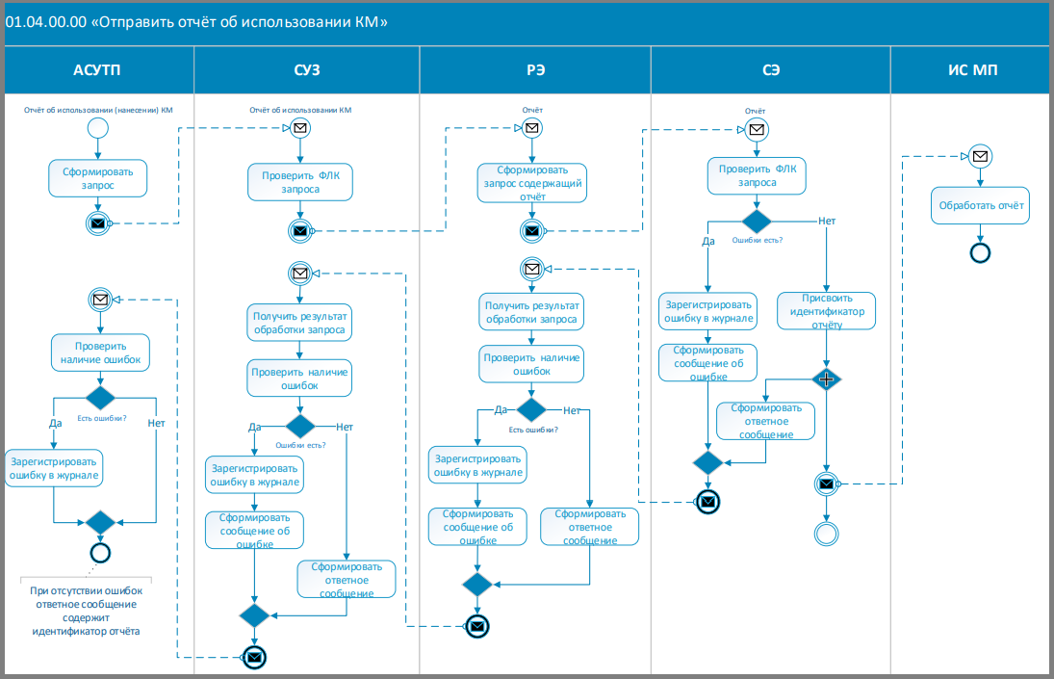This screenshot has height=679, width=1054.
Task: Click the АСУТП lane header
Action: pyautogui.click(x=97, y=70)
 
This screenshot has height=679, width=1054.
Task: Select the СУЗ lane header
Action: pyautogui.click(x=306, y=70)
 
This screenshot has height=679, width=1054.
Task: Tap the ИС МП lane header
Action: pyautogui.click(x=972, y=70)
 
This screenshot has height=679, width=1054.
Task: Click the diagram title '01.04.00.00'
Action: pyautogui.click(x=45, y=22)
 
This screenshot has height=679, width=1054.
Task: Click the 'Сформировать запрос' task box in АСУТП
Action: pyautogui.click(x=97, y=178)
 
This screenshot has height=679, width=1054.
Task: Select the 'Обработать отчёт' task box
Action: pyautogui.click(x=980, y=206)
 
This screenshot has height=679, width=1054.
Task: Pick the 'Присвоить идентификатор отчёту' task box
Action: pyautogui.click(x=826, y=310)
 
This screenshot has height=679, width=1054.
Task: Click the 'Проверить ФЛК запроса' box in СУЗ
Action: pyautogui.click(x=299, y=182)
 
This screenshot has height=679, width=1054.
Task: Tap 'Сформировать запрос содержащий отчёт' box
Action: pyautogui.click(x=531, y=183)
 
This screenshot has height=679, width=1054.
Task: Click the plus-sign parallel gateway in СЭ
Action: pyautogui.click(x=826, y=379)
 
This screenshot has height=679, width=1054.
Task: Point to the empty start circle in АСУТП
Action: pyautogui.click(x=98, y=128)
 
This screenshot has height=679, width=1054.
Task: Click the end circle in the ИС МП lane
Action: pyautogui.click(x=980, y=252)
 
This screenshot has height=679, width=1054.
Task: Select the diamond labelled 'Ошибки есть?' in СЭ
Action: pyautogui.click(x=757, y=222)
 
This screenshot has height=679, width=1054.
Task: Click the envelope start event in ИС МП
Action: pyautogui.click(x=980, y=156)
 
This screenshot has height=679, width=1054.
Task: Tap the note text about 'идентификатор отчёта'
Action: pyautogui.click(x=86, y=611)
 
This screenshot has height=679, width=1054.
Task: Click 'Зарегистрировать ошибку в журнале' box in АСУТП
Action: pyautogui.click(x=54, y=468)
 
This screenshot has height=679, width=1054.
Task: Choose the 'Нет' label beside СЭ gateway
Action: pyautogui.click(x=827, y=222)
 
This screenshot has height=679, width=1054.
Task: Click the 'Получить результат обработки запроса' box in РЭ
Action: pyautogui.click(x=531, y=311)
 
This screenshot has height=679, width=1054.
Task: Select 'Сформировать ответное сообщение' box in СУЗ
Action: pyautogui.click(x=347, y=580)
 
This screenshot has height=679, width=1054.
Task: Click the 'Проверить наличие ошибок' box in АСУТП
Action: pyautogui.click(x=100, y=353)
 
